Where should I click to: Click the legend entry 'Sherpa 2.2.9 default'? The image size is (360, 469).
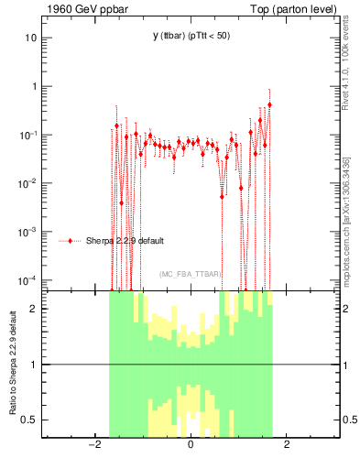coord(126,241)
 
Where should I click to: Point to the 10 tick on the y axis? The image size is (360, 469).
coord(30,38)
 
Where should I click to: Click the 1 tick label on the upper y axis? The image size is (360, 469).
coord(33,87)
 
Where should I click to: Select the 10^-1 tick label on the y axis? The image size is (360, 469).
coord(28,135)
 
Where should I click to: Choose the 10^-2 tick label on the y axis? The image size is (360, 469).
coord(28,183)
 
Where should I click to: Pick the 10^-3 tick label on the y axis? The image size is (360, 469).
coord(28,232)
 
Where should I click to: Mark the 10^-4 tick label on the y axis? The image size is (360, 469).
coord(28,279)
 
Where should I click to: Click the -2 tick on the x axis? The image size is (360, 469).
coord(93,446)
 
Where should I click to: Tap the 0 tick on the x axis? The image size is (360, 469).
coord(190,446)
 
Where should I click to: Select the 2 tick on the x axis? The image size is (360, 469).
coord(287,446)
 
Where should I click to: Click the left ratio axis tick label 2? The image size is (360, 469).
coord(33,309)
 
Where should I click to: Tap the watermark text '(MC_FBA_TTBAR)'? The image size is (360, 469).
coord(190,274)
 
